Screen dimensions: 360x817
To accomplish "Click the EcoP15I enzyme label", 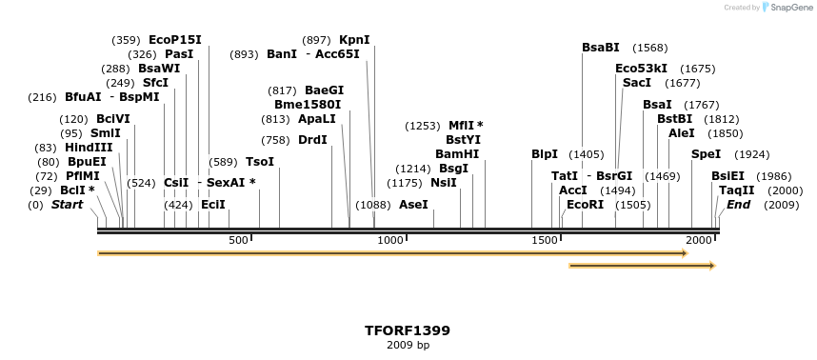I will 175,40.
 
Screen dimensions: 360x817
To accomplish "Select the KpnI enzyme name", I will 354,40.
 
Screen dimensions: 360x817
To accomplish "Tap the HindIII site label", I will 89,148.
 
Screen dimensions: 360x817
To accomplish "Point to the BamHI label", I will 457,154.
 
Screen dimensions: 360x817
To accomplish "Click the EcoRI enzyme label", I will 585,205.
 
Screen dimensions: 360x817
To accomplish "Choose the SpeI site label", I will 706,154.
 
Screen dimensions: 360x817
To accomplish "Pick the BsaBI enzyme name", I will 601,48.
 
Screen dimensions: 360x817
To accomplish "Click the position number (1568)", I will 650,48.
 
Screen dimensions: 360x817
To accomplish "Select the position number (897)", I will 316,40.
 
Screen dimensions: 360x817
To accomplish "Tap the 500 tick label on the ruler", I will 239,241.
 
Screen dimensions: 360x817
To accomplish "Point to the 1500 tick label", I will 545,241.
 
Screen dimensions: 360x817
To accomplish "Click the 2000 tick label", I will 699,241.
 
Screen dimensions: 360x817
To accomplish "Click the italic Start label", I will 68,205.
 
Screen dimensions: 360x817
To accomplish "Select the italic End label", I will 739,205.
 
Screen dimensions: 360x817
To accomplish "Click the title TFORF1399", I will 408,330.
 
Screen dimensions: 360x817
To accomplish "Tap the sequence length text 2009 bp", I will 408,345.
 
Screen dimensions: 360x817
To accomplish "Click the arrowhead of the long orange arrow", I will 683,253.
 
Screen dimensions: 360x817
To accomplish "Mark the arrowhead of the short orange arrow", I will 710,266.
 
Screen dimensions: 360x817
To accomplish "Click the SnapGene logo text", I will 790,8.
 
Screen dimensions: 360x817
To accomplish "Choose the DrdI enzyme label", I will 312,140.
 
